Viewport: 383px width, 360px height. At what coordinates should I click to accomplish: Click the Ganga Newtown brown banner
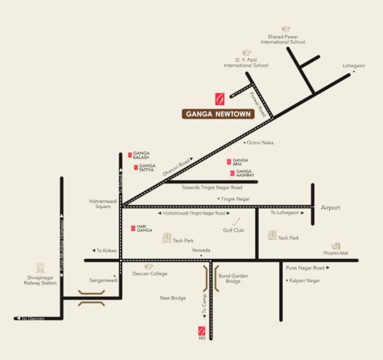218,114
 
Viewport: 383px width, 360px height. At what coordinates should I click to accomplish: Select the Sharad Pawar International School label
283,39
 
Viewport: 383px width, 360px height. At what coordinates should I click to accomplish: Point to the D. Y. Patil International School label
246,63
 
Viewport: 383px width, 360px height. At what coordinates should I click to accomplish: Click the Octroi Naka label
260,142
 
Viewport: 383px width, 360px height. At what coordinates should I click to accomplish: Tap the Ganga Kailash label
142,155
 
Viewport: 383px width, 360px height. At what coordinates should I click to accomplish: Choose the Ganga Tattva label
147,167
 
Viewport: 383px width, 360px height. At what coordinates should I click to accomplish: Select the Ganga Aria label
240,161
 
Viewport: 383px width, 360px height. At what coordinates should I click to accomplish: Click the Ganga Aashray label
244,173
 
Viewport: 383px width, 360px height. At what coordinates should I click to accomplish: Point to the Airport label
331,208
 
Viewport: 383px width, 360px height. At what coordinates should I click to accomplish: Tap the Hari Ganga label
144,229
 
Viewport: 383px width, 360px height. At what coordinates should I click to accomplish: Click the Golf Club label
234,230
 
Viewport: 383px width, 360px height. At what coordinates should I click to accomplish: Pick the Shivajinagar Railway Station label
41,280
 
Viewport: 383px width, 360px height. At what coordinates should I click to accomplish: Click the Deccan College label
150,274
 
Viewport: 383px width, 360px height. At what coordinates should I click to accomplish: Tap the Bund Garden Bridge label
233,278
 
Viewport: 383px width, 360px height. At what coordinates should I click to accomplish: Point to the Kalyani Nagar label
304,280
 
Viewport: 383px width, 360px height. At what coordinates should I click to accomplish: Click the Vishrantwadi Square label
103,204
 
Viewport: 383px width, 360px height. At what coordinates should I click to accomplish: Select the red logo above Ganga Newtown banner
220,99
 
